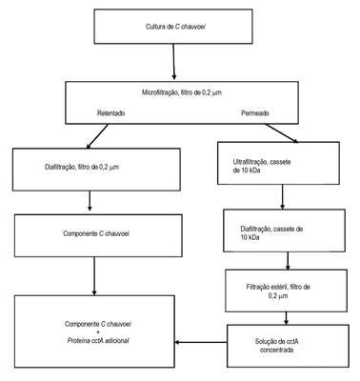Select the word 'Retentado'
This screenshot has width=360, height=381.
(x=110, y=113)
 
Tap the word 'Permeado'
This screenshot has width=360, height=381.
(x=255, y=113)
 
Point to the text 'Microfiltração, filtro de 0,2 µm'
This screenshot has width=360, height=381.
(x=182, y=93)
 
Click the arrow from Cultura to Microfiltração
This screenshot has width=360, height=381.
(x=173, y=62)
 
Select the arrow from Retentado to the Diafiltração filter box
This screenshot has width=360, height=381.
(x=97, y=136)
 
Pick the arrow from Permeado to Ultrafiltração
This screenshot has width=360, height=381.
(x=282, y=133)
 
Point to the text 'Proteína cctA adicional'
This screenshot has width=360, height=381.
(x=98, y=340)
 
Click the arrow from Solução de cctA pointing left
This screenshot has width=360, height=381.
(x=201, y=342)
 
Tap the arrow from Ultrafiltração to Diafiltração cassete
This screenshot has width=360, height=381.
(x=282, y=197)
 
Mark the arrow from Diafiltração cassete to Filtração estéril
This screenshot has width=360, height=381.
(x=288, y=261)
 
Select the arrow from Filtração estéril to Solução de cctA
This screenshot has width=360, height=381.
(x=286, y=318)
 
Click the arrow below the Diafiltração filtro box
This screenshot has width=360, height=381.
(x=90, y=201)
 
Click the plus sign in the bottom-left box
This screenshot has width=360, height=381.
(x=98, y=332)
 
